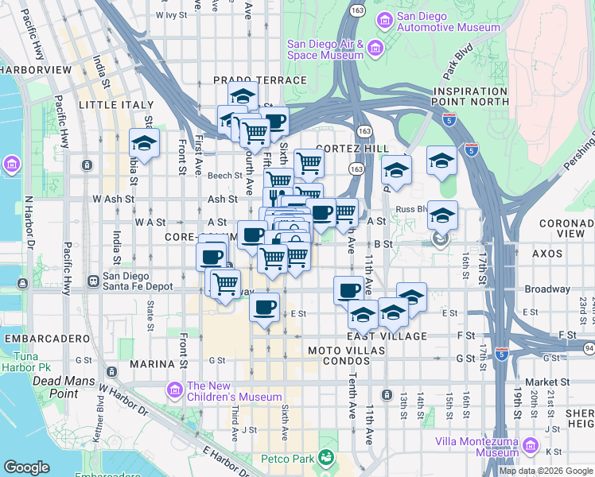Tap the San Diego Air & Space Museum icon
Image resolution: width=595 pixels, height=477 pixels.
(x=375, y=49)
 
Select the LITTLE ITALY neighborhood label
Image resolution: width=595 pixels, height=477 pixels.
(x=111, y=105)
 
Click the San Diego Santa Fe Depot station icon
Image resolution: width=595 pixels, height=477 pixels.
(x=94, y=281)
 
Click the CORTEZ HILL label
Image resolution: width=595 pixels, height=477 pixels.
(x=352, y=149)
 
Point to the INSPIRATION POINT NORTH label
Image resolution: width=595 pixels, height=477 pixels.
(x=470, y=96)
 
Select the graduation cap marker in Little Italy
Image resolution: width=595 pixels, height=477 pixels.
(x=144, y=144)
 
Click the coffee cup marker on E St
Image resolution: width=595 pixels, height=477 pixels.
(x=265, y=306)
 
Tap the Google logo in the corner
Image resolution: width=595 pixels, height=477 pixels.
(x=26, y=467)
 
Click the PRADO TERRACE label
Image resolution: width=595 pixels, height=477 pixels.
(x=259, y=80)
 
